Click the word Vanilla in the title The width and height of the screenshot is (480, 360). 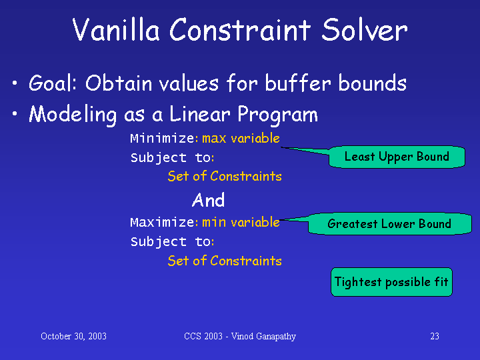tap(116, 29)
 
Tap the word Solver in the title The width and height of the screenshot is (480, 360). tap(365, 29)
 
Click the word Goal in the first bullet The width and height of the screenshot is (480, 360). tap(53, 83)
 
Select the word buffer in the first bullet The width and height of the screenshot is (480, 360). tap(297, 83)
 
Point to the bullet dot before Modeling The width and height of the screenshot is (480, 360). tap(15, 113)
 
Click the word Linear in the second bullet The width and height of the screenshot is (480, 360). tap(199, 114)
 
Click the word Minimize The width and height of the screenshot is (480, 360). tap(162, 139)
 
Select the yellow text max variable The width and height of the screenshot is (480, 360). tap(241, 139)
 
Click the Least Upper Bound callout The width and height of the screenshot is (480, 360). tap(397, 157)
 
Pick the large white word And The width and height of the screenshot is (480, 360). tap(208, 200)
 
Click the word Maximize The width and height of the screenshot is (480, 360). tap(162, 222)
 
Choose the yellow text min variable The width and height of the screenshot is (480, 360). tap(241, 222)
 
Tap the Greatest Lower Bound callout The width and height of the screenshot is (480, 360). tap(390, 224)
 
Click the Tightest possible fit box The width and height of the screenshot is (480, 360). tap(391, 282)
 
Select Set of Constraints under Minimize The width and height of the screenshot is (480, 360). tap(225, 176)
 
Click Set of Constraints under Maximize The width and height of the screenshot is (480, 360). tap(225, 261)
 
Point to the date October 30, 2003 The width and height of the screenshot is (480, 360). tap(73, 336)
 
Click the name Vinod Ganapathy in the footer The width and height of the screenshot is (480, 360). tap(263, 337)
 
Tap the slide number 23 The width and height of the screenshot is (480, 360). tap(435, 336)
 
